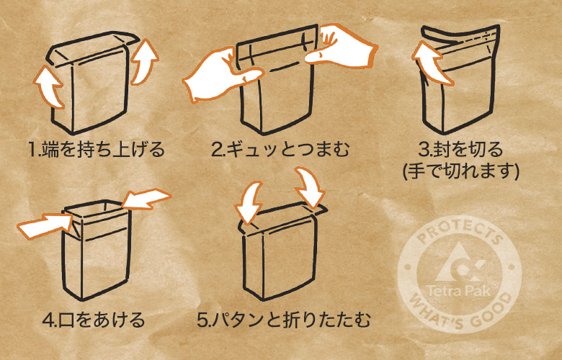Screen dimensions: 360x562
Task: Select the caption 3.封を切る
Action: (x=460, y=151)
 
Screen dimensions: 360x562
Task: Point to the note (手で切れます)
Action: (x=461, y=171)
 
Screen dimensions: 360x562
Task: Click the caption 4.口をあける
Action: (x=94, y=319)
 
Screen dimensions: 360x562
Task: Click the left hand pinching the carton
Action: (x=212, y=72)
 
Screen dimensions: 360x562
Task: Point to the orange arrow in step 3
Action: (x=428, y=62)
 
